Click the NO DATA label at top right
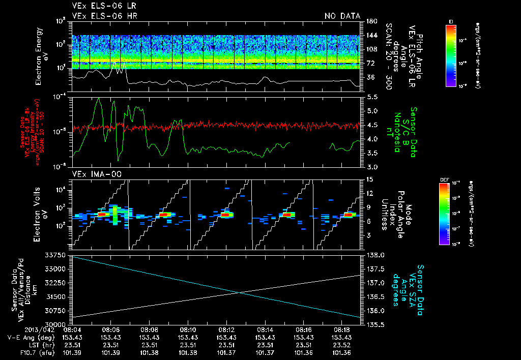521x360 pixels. [x=342, y=16]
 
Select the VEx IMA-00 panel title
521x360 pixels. [x=92, y=174]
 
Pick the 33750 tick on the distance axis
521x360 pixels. [x=58, y=255]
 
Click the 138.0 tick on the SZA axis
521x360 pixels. [x=375, y=255]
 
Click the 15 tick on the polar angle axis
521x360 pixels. [x=370, y=179]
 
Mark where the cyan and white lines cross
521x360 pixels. [x=239, y=292]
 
